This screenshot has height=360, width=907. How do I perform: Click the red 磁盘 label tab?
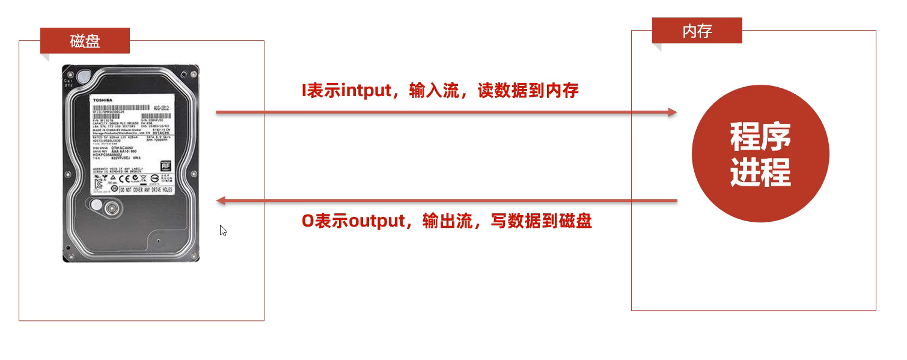[x=85, y=41]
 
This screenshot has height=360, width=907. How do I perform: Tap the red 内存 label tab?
[x=697, y=31]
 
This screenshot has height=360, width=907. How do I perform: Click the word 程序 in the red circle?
[x=760, y=137]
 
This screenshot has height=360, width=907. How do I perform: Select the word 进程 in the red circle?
[x=760, y=172]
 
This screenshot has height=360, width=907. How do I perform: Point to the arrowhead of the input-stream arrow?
[x=672, y=112]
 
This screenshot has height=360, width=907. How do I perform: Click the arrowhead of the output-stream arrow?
[x=221, y=200]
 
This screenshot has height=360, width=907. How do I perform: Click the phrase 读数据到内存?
[x=528, y=91]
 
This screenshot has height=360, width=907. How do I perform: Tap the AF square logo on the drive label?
[x=165, y=165]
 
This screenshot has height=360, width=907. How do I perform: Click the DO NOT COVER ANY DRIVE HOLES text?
[x=145, y=189]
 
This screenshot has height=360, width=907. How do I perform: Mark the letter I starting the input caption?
[x=304, y=91]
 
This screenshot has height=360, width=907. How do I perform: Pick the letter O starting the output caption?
[x=307, y=221]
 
